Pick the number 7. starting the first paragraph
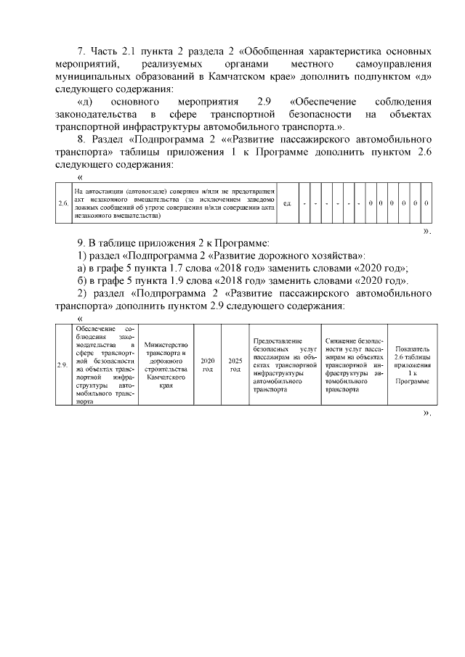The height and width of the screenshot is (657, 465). click(81, 52)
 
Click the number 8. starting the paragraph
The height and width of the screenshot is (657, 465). click(81, 139)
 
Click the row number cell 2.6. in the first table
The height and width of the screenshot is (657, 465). click(63, 203)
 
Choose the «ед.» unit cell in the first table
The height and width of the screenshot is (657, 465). click(287, 203)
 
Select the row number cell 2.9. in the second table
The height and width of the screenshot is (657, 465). click(63, 365)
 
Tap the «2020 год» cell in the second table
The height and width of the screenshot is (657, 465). click(207, 365)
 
